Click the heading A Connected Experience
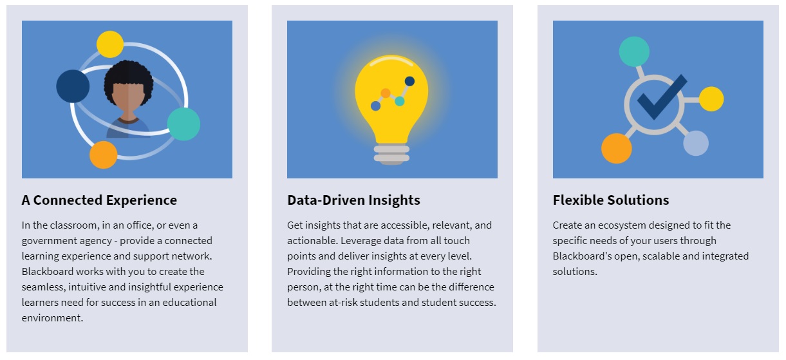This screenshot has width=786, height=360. coord(99,200)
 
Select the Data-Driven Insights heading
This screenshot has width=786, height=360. coord(353,200)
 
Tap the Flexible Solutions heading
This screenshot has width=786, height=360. coord(610,200)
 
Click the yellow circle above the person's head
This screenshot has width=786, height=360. coord(110,44)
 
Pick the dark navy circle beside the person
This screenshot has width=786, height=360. coord(73,86)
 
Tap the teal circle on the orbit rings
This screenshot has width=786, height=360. coord(183,124)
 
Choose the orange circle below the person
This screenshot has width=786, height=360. coord(104,155)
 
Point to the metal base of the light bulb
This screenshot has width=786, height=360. coord(391,154)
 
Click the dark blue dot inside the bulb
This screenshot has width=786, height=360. coord(409,81)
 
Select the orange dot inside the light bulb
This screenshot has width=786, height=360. coord(386,93)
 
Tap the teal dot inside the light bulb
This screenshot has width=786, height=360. coord(400,101)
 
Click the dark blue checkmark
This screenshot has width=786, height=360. coord(662,97)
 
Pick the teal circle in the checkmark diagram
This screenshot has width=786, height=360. coord(634,52)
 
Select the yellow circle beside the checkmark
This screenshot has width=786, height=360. coord(711,99)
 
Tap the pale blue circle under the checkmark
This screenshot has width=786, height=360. coord(696,143)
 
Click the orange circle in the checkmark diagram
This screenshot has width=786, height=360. coord(617,148)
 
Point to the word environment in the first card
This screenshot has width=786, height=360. coord(51,318)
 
